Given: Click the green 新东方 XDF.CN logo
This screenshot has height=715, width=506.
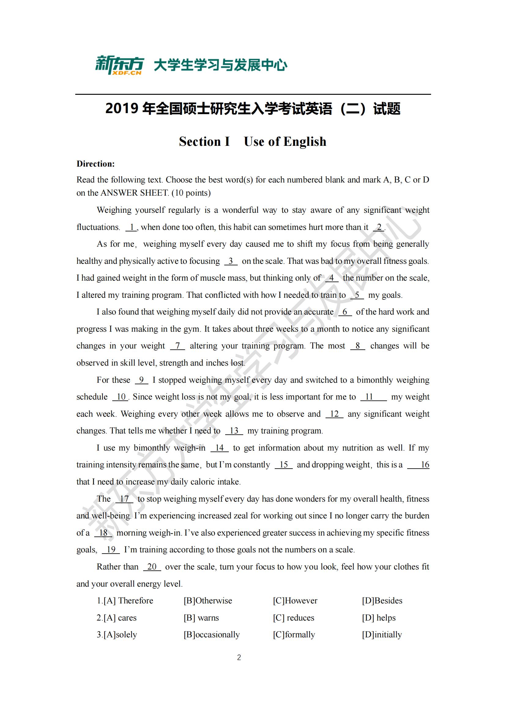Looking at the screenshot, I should pyautogui.click(x=119, y=65).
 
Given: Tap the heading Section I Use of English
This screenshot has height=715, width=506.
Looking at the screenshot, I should pyautogui.click(x=252, y=142).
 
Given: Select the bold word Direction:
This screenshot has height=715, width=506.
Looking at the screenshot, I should pyautogui.click(x=96, y=164).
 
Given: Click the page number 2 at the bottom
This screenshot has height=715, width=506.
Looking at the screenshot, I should pyautogui.click(x=239, y=658).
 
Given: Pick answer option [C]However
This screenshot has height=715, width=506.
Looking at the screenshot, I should pyautogui.click(x=295, y=600).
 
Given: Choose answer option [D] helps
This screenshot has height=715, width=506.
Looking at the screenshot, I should pyautogui.click(x=378, y=617).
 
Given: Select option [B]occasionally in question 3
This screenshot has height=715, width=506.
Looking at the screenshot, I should pyautogui.click(x=212, y=634).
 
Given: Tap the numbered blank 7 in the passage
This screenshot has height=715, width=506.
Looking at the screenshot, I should pyautogui.click(x=178, y=346).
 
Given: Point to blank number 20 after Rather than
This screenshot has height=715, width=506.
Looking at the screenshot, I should pyautogui.click(x=152, y=566).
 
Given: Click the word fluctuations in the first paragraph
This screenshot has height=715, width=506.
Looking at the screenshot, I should pyautogui.click(x=98, y=227).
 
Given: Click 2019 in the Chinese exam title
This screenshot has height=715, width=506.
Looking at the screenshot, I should pyautogui.click(x=122, y=109).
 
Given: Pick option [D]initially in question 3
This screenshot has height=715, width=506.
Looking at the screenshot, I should pyautogui.click(x=382, y=634).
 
